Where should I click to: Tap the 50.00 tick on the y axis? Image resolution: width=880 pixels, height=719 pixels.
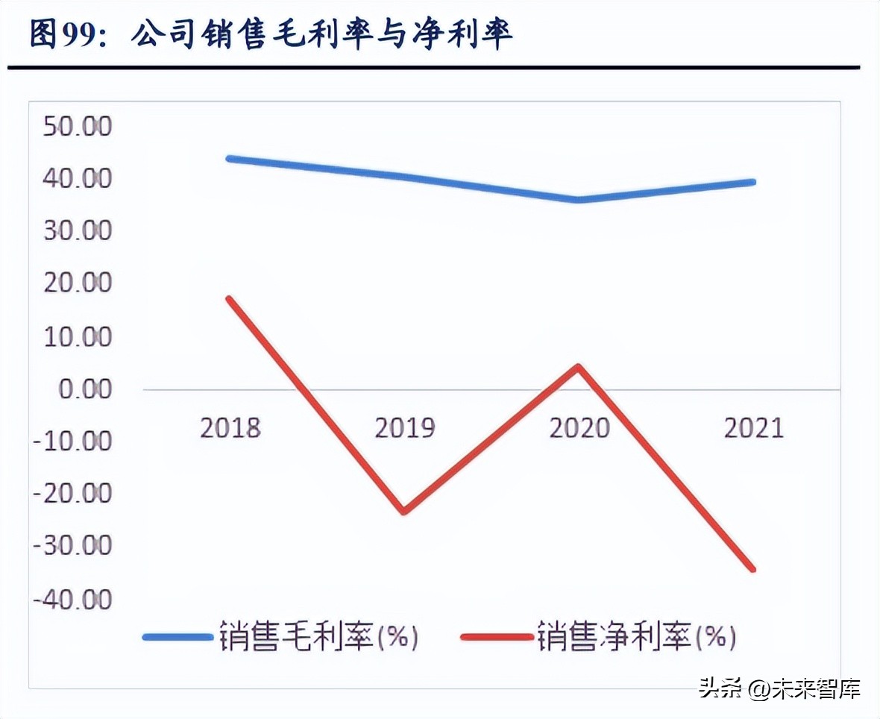click(78, 126)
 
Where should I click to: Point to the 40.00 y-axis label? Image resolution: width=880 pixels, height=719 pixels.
click(78, 178)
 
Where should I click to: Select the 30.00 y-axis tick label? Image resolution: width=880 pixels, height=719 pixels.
click(78, 230)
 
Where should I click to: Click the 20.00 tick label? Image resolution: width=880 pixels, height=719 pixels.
click(78, 283)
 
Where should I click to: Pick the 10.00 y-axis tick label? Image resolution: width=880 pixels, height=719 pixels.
click(78, 336)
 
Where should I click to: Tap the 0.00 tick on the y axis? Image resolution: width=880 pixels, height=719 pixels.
click(84, 389)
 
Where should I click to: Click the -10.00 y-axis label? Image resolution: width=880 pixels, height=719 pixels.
click(73, 442)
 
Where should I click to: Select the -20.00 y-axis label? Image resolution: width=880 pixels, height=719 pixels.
click(73, 494)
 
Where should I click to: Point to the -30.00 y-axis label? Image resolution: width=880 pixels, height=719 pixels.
click(73, 546)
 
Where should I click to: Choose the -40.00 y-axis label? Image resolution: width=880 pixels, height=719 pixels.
click(73, 599)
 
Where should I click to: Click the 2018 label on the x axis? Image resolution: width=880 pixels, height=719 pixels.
click(230, 428)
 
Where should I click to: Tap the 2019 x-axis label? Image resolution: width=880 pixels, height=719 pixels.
click(405, 428)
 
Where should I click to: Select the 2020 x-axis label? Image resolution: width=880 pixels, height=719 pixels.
click(579, 428)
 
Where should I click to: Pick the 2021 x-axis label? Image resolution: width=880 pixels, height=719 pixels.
click(753, 428)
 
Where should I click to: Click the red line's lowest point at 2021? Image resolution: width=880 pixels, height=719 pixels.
click(752, 569)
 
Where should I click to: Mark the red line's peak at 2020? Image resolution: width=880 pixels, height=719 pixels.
click(578, 366)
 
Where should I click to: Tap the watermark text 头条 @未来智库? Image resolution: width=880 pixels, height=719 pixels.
click(779, 687)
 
